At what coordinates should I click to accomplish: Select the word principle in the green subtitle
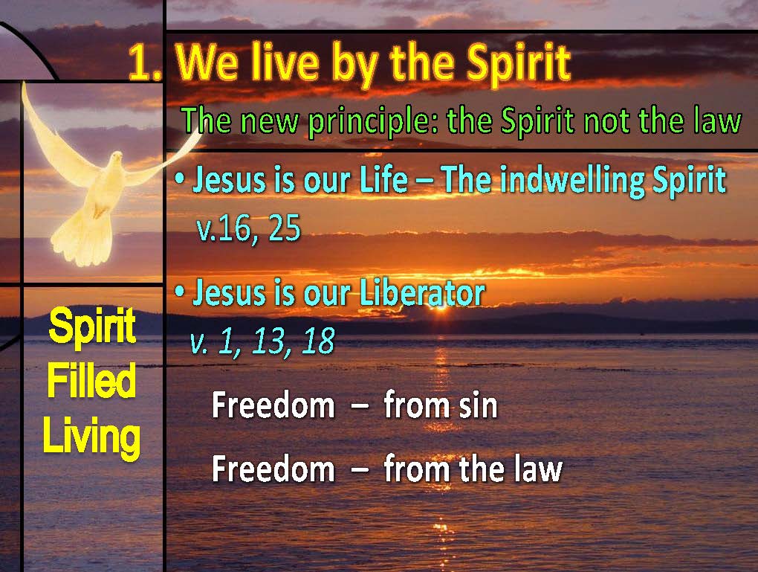click(x=372, y=121)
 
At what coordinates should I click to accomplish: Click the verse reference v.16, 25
click(x=248, y=228)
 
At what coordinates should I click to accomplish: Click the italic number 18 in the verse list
click(x=318, y=341)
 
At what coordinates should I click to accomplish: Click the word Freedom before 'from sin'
click(x=273, y=405)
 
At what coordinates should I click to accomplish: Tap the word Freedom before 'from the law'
click(x=273, y=469)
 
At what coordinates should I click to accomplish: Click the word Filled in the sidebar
click(x=91, y=381)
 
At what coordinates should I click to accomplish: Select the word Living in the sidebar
click(x=91, y=437)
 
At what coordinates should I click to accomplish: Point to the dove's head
click(x=117, y=158)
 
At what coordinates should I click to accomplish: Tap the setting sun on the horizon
click(x=441, y=306)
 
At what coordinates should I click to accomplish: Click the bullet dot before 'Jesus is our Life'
click(x=180, y=179)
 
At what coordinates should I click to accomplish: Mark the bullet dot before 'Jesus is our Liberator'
click(x=180, y=292)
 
